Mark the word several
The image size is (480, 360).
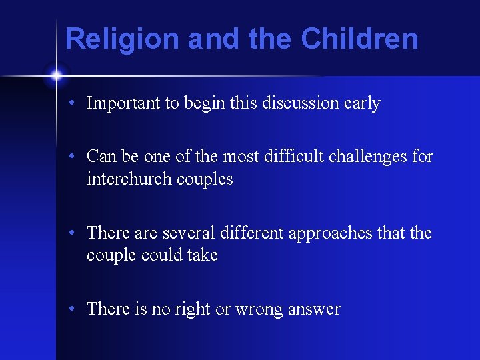[187, 233]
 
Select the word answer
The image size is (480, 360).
[314, 310]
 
